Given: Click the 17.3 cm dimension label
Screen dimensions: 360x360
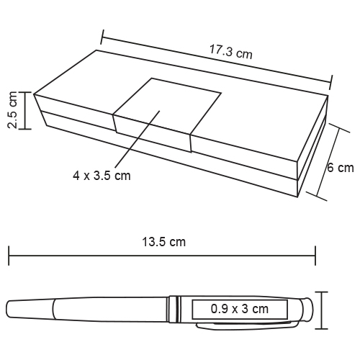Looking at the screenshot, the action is [231, 52].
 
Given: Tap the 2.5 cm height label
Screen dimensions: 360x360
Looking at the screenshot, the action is [12, 110].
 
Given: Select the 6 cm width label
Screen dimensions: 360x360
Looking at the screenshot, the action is [341, 168].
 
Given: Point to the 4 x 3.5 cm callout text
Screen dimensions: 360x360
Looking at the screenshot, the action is [102, 176].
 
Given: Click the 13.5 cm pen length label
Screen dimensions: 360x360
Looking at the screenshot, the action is [164, 242].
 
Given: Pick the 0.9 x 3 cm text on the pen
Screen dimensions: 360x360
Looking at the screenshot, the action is [240, 309].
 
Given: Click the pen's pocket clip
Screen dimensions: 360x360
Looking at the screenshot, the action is [247, 325].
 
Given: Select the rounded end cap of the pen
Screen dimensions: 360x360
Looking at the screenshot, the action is [309, 309].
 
